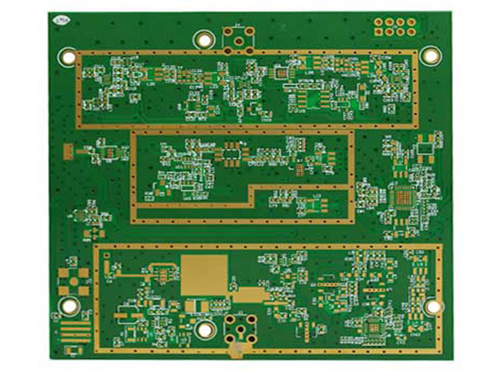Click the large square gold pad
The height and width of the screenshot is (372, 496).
click(x=204, y=272)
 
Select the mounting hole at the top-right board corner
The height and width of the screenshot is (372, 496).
click(x=430, y=55)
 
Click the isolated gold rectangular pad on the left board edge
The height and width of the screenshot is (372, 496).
click(x=67, y=150)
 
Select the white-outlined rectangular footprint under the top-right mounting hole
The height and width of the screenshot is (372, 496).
click(x=425, y=149)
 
